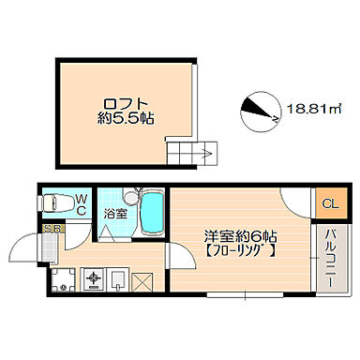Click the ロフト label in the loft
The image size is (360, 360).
[126, 104]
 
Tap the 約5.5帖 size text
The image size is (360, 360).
[126, 118]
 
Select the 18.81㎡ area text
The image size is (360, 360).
[313, 110]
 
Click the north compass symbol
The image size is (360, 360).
[260, 112]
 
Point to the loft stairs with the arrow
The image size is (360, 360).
[191, 153]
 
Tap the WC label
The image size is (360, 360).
[82, 204]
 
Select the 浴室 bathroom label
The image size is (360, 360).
[115, 214]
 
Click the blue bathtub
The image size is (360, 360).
[152, 213]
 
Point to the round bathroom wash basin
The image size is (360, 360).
[131, 197]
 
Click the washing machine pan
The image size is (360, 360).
[64, 279]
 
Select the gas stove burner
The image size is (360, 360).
[94, 278]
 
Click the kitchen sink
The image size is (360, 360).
[118, 278]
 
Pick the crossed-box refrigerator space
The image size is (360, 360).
[142, 282]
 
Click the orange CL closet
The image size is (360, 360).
[331, 203]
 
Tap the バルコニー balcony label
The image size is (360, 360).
[332, 259]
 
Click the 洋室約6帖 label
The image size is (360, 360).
[240, 236]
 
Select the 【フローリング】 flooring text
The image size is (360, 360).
[240, 251]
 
